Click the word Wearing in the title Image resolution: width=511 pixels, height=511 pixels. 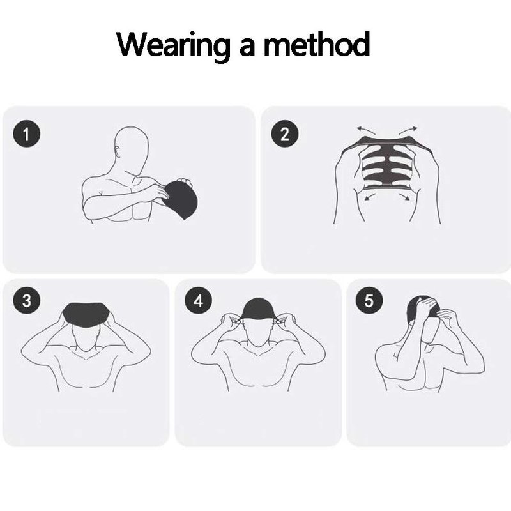[173, 45]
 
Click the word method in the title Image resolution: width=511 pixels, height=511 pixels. [316, 43]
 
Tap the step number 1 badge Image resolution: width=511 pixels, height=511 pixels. [27, 133]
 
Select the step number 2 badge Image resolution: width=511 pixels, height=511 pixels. [285, 133]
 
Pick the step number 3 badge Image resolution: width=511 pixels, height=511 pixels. [27, 300]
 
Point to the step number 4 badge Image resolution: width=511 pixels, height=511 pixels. [198, 300]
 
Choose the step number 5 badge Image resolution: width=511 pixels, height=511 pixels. [369, 300]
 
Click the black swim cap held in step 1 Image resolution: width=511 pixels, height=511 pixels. [181, 199]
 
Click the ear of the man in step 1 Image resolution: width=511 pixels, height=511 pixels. [118, 153]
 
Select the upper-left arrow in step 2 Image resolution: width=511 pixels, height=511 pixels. [365, 130]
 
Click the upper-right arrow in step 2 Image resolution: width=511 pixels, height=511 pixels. [408, 130]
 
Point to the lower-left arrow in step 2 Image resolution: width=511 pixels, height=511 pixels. [369, 196]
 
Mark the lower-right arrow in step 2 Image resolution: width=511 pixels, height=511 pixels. [404, 196]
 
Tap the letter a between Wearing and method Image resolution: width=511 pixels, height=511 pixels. [247, 47]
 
